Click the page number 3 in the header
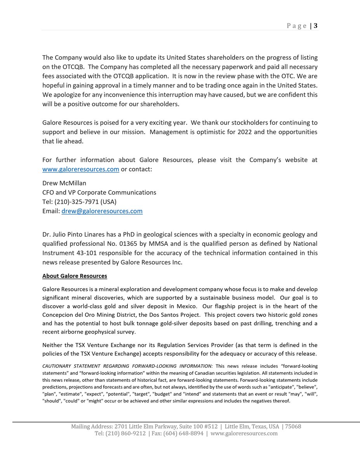[x=315, y=26]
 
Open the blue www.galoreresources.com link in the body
[x=80, y=169]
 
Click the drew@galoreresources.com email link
[x=102, y=211]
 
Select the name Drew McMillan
[x=64, y=183]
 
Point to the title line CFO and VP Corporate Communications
[x=99, y=192]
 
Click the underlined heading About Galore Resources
[x=75, y=276]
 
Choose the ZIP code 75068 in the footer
[x=293, y=426]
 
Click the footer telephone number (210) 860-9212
[x=125, y=433]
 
